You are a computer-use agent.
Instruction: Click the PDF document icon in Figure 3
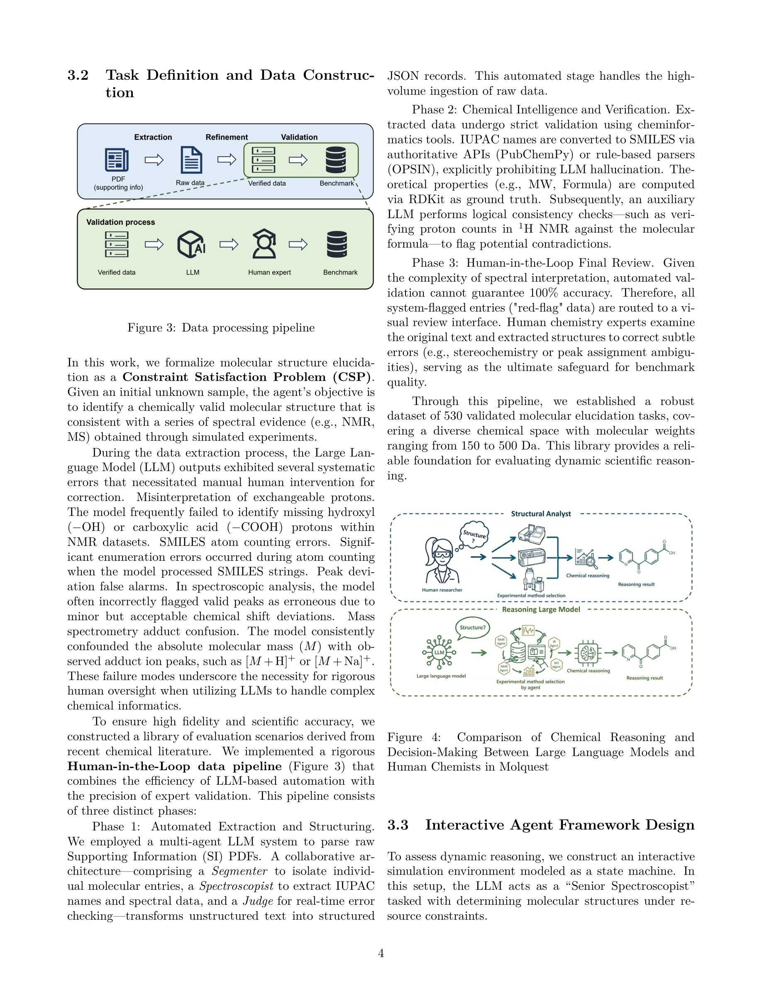117,160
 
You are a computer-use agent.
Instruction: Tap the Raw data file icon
191,160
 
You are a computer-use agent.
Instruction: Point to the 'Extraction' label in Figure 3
153,137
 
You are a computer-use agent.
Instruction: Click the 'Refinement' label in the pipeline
227,137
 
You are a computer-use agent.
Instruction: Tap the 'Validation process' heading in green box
120,222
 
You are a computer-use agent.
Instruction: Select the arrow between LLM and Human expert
229,245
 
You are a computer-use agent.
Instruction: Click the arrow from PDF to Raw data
154,160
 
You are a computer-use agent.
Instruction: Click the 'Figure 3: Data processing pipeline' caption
221,328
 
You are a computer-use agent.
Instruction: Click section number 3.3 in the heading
398,825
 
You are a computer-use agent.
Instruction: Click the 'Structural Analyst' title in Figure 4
541,514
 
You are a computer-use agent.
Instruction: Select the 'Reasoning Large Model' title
541,609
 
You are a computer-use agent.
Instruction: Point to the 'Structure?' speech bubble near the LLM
472,628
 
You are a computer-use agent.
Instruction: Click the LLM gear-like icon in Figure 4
439,653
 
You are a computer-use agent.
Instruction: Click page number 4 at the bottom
381,953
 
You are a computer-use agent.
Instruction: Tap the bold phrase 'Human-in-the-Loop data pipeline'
174,766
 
